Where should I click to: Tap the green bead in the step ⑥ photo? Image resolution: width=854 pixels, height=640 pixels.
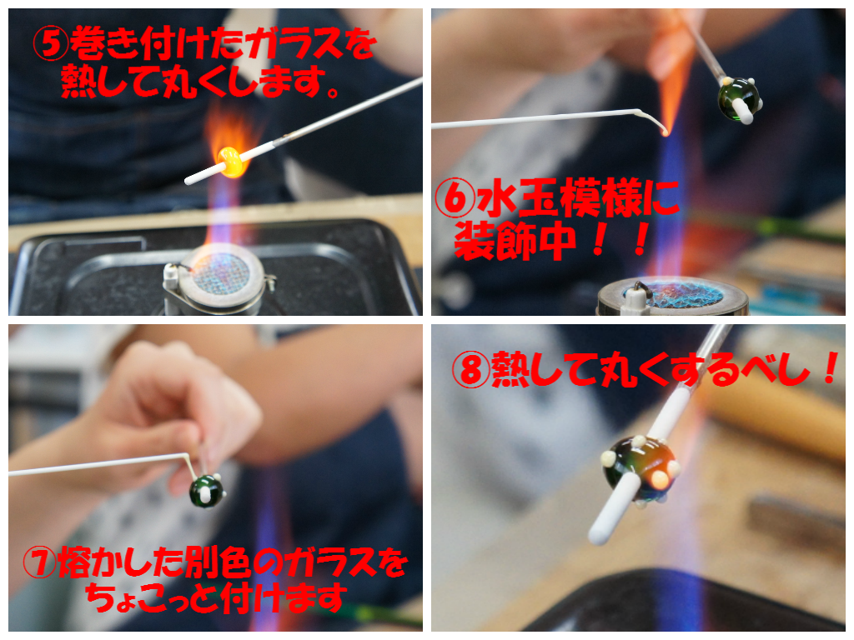[738, 97]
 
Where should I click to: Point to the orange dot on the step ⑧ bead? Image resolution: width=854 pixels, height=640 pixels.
[660, 478]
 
